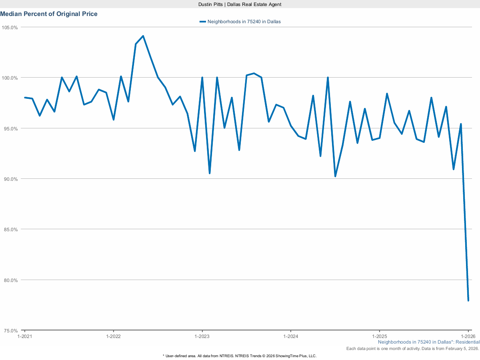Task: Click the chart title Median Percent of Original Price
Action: pyautogui.click(x=49, y=14)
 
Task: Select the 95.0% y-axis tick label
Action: pyautogui.click(x=11, y=128)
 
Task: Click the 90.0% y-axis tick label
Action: pyautogui.click(x=11, y=179)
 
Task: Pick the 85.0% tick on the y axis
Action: pyautogui.click(x=11, y=230)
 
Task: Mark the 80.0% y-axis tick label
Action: pyautogui.click(x=11, y=280)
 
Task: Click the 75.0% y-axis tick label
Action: pyautogui.click(x=11, y=331)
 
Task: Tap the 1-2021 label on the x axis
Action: pyautogui.click(x=25, y=336)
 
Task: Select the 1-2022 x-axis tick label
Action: pyautogui.click(x=114, y=336)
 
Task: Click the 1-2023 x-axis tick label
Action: pyautogui.click(x=202, y=336)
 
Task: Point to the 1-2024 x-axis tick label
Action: pyautogui.click(x=291, y=336)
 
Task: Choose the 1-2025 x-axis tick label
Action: pyautogui.click(x=379, y=336)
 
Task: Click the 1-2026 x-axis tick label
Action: pyautogui.click(x=468, y=336)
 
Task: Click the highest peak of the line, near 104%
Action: pyautogui.click(x=143, y=36)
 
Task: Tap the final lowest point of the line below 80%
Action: pyautogui.click(x=468, y=300)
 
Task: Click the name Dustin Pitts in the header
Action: pyautogui.click(x=210, y=4)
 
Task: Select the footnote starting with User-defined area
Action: pyautogui.click(x=240, y=356)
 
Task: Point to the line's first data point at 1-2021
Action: pyautogui.click(x=25, y=97)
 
